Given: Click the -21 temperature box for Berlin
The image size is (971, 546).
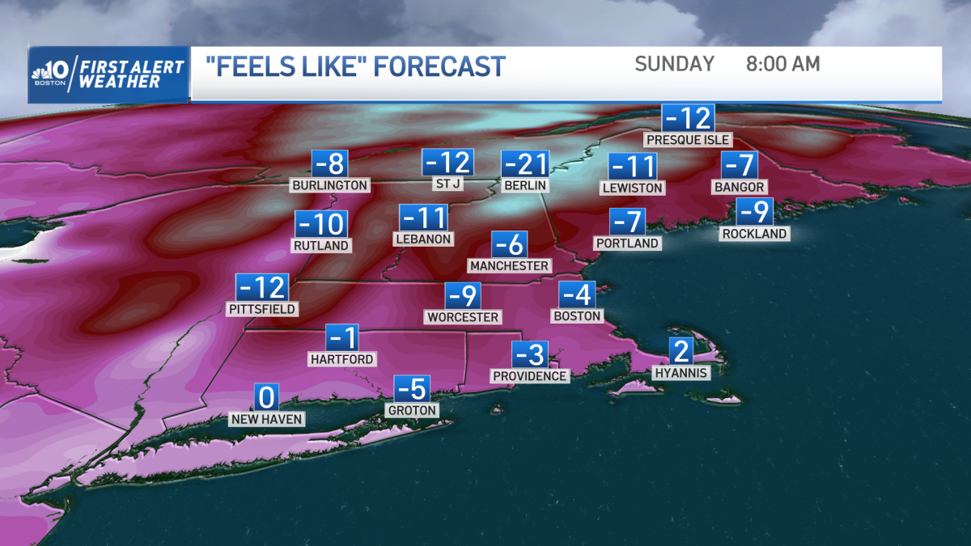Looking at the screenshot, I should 525,165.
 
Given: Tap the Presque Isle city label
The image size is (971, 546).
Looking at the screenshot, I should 688,140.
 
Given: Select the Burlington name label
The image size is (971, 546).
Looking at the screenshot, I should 330,186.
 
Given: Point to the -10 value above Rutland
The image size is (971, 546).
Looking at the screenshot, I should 320,224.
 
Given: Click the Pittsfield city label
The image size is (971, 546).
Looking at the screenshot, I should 262,309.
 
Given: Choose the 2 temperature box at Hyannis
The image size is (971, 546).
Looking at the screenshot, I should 681,351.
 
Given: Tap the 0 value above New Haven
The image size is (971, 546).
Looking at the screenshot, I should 267,398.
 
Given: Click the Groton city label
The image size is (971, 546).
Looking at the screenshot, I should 413,411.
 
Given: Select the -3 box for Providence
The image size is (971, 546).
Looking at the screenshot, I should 530,354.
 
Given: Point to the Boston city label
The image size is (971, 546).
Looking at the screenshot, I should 577,316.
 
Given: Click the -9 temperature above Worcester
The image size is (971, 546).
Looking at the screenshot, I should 463,296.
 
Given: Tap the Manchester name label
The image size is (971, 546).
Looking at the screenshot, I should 509,266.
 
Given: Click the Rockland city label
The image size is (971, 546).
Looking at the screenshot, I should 755,234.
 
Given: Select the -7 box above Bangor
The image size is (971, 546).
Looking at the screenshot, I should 740,166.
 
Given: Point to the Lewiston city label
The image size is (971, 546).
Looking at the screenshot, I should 633,188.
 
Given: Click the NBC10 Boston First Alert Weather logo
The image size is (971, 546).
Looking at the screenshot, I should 108,74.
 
